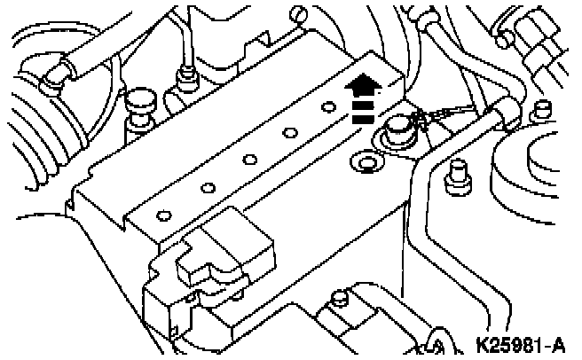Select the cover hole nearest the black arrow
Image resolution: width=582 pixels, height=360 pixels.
[x=329, y=107]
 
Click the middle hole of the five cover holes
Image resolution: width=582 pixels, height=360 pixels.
[x=249, y=160]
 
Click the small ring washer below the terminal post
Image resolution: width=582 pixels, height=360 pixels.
[x=366, y=163]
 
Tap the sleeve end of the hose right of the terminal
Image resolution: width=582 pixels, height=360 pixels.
[x=506, y=111]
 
